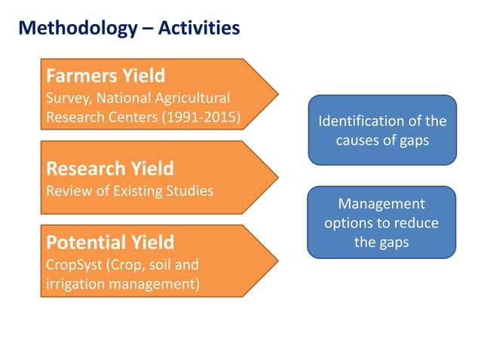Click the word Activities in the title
click(x=198, y=29)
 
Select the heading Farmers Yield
click(x=106, y=76)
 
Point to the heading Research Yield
click(x=110, y=167)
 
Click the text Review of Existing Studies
click(x=130, y=190)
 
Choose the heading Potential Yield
click(x=110, y=243)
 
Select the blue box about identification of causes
click(x=382, y=130)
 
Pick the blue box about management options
click(x=382, y=222)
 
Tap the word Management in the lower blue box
click(x=381, y=204)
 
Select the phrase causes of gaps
click(x=382, y=139)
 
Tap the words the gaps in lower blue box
click(x=381, y=242)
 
